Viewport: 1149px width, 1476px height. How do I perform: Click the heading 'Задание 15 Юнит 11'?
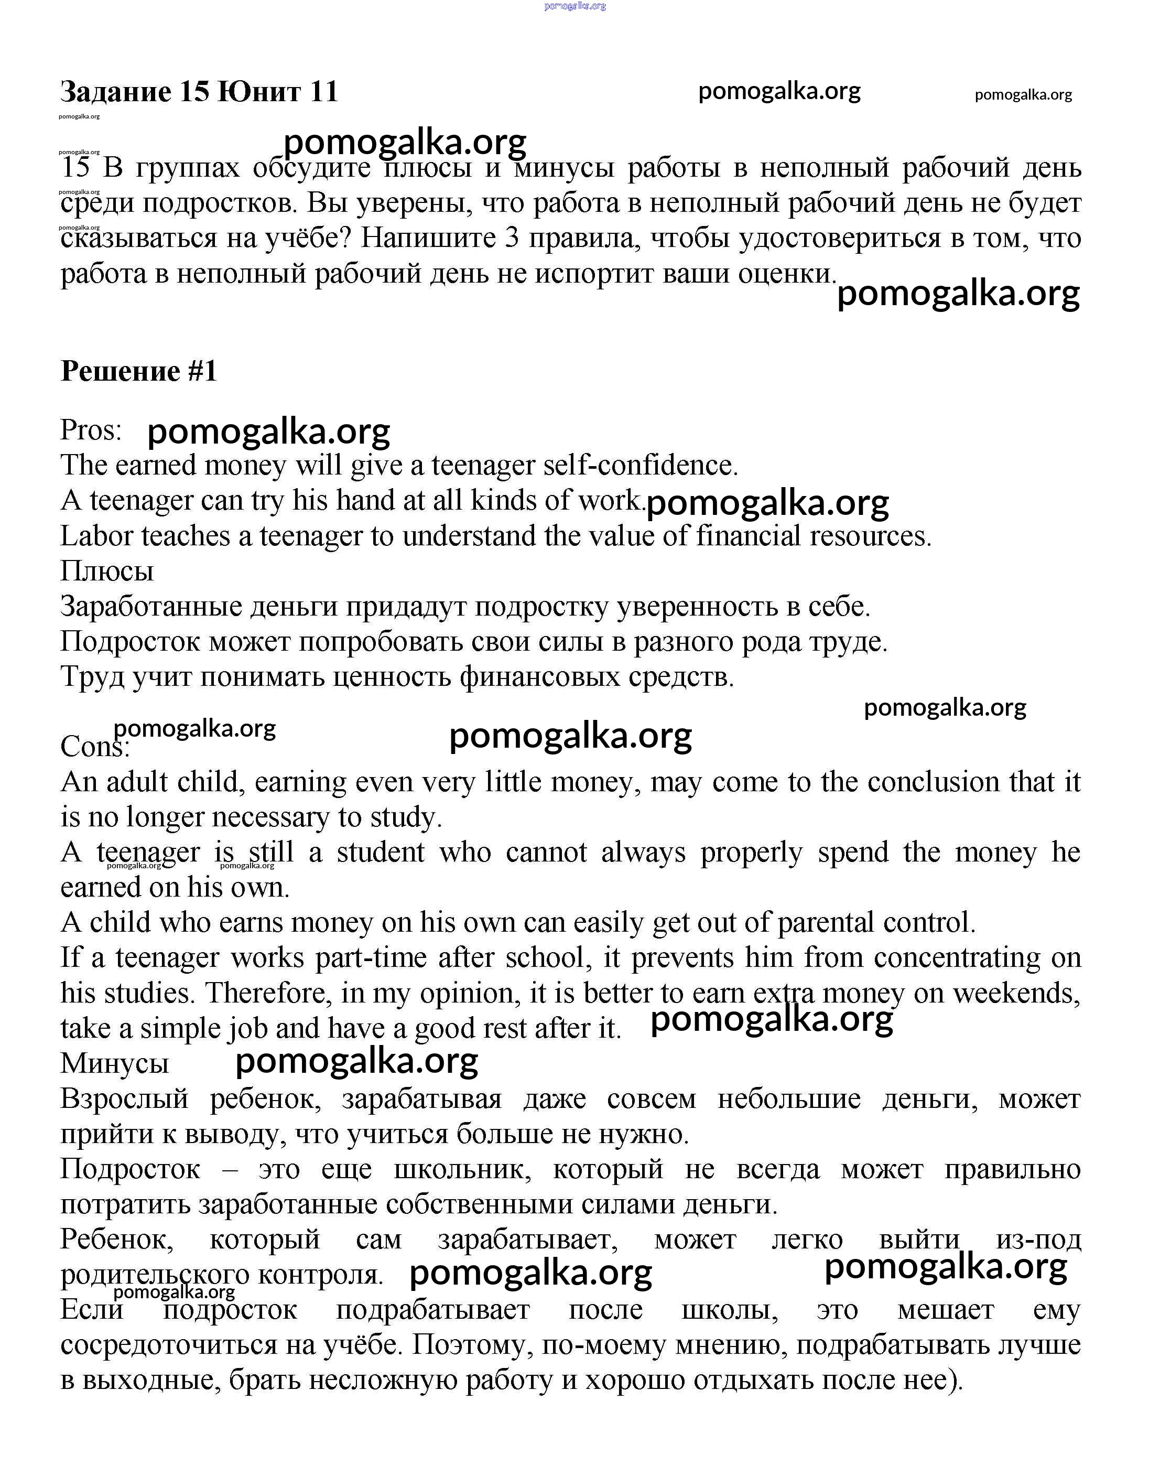199,92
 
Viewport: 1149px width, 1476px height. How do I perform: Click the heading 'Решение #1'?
138,371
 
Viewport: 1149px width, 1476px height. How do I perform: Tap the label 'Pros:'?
91,430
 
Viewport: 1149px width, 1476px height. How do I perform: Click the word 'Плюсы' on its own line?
107,571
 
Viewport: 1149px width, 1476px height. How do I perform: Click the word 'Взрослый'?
124,1099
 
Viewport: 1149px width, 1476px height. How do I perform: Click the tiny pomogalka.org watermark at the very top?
574,6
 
